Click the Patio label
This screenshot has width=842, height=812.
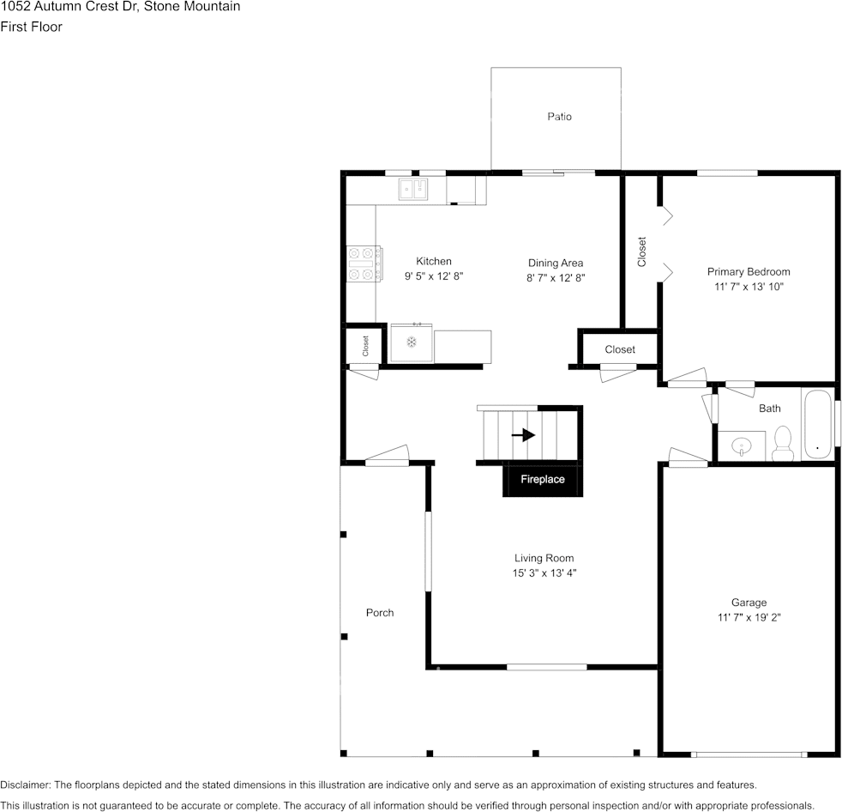coord(559,117)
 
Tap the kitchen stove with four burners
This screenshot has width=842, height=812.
coord(364,264)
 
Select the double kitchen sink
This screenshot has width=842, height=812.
coord(413,189)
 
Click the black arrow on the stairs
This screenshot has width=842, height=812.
coord(523,434)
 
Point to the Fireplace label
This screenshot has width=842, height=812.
coord(543,479)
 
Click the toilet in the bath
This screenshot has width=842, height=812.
coord(783,444)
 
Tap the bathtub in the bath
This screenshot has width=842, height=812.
coord(817,424)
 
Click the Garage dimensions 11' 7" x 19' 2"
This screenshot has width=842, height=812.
coord(749,617)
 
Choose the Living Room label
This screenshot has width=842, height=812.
coord(544,558)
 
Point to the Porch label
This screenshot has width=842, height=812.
coord(380,613)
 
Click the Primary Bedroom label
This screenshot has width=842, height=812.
coord(749,272)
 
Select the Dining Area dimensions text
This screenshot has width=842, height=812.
coord(556,278)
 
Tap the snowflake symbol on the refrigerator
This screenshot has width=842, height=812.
coord(412,342)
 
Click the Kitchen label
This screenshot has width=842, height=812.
coord(434,261)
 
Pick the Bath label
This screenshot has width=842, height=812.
coord(769,409)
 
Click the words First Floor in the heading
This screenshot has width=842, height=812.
coord(31,27)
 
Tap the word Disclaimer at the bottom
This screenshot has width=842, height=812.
coord(25,785)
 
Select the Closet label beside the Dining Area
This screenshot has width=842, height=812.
coord(620,350)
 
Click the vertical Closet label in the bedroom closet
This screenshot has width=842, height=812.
coord(641,251)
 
